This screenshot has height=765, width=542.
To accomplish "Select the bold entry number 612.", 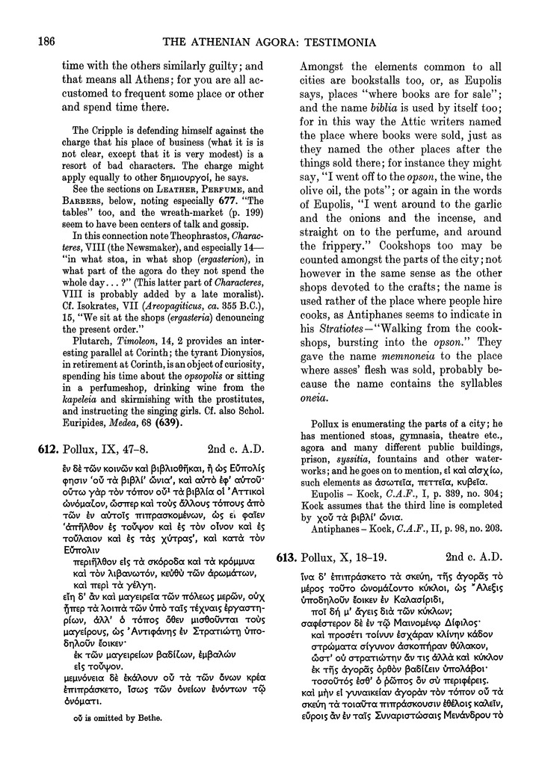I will (x=48, y=448).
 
